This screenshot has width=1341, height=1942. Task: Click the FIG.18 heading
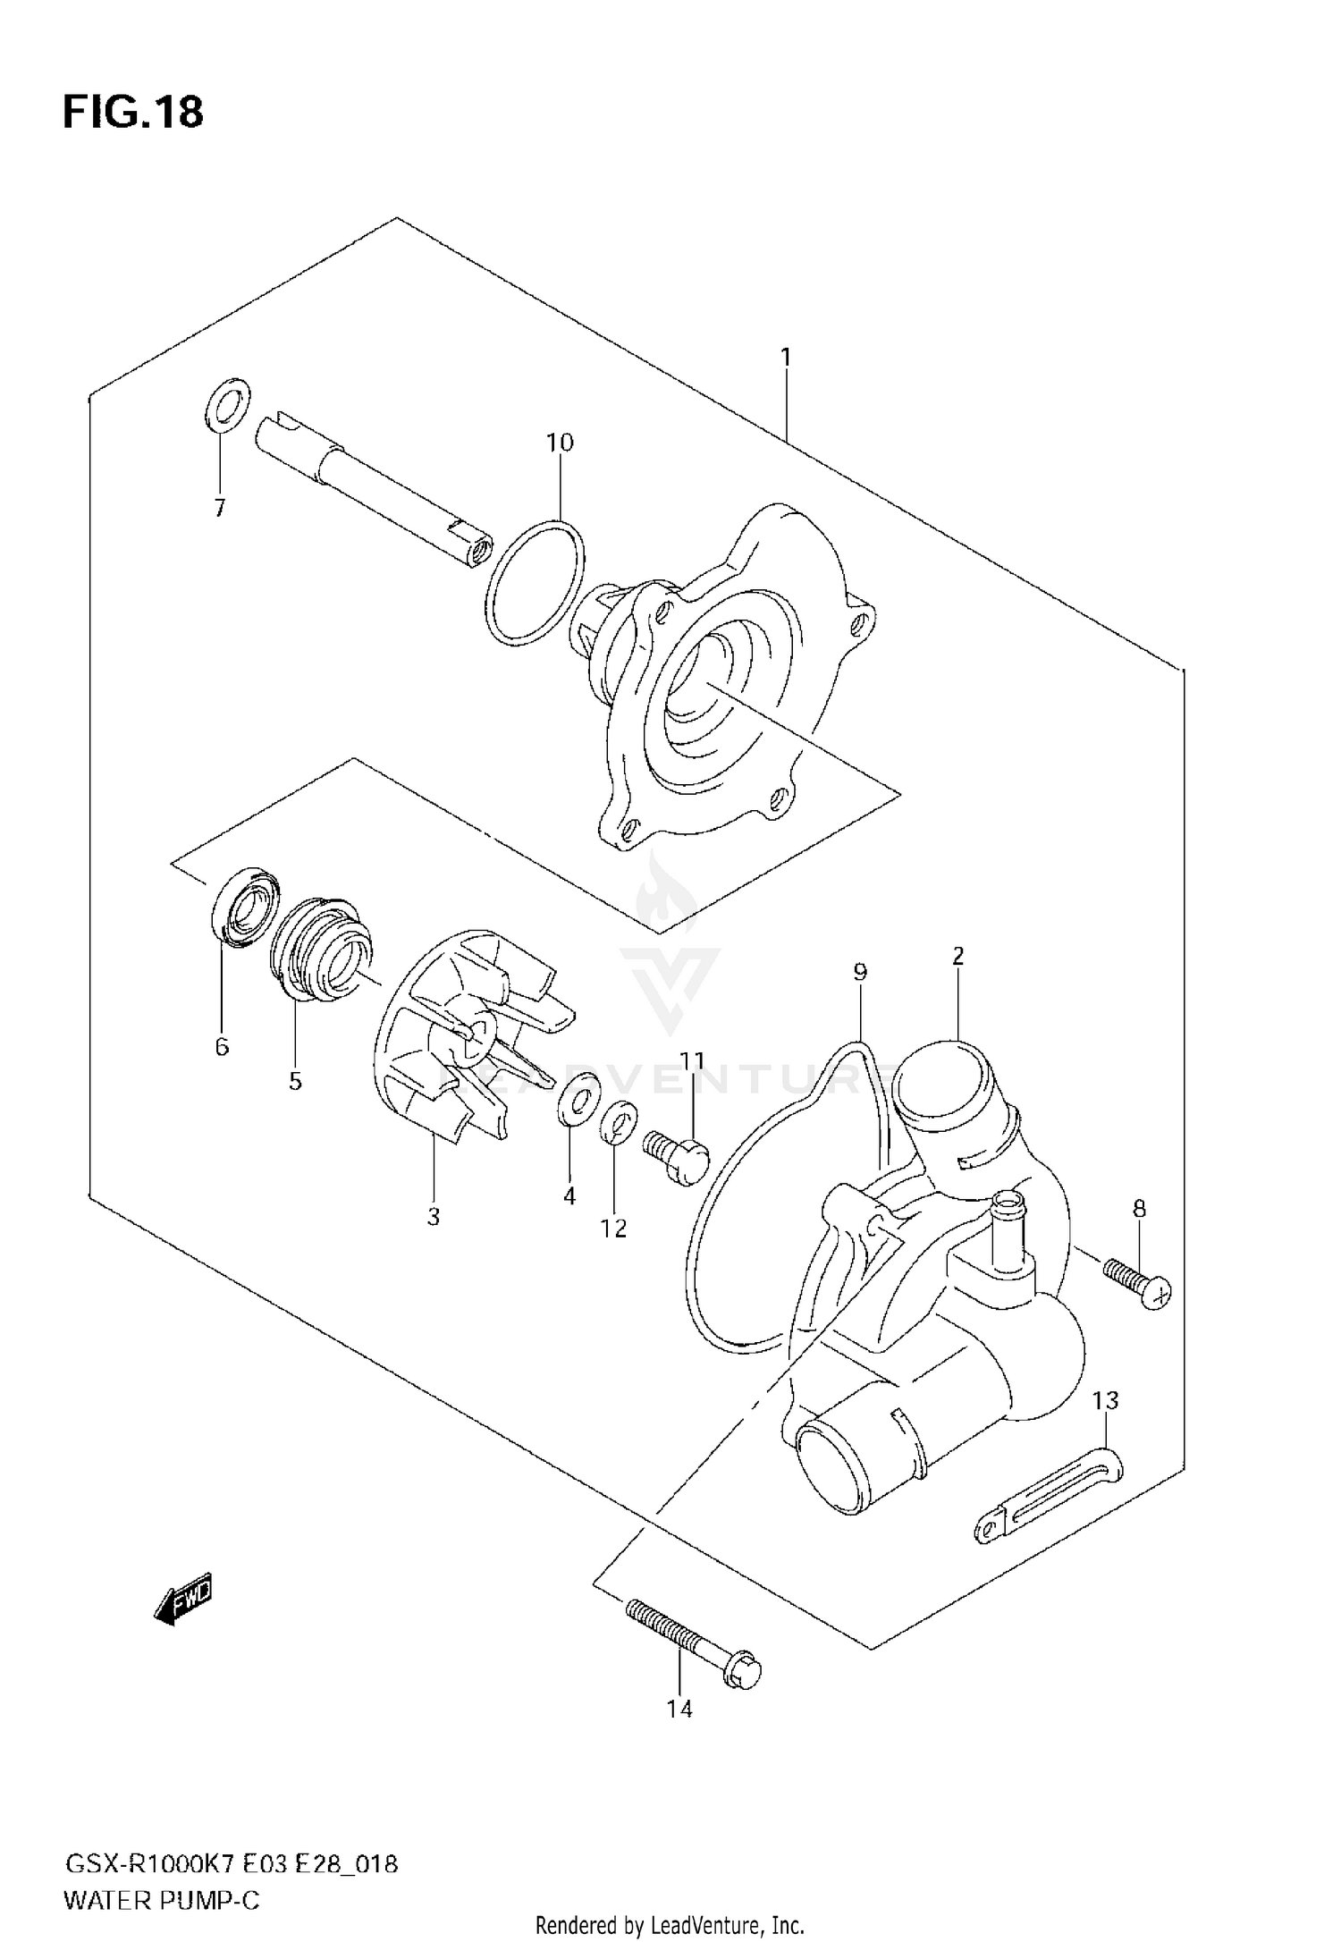(x=133, y=113)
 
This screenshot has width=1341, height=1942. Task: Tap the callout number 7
(x=219, y=508)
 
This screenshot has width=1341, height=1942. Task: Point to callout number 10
(x=560, y=443)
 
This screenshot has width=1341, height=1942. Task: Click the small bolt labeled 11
(x=677, y=1156)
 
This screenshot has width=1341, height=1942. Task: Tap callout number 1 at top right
(x=785, y=359)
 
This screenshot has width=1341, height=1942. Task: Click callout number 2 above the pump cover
(x=957, y=956)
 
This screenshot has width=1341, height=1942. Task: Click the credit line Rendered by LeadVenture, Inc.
(x=670, y=1922)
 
